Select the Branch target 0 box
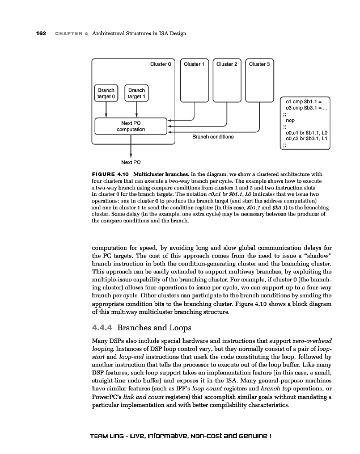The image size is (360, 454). [106, 93]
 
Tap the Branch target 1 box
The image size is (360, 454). [136, 93]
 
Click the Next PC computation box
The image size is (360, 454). [130, 126]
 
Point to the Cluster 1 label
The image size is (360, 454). [193, 65]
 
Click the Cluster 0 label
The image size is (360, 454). [160, 65]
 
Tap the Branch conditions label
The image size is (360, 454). [213, 137]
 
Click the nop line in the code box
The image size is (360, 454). [290, 120]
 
